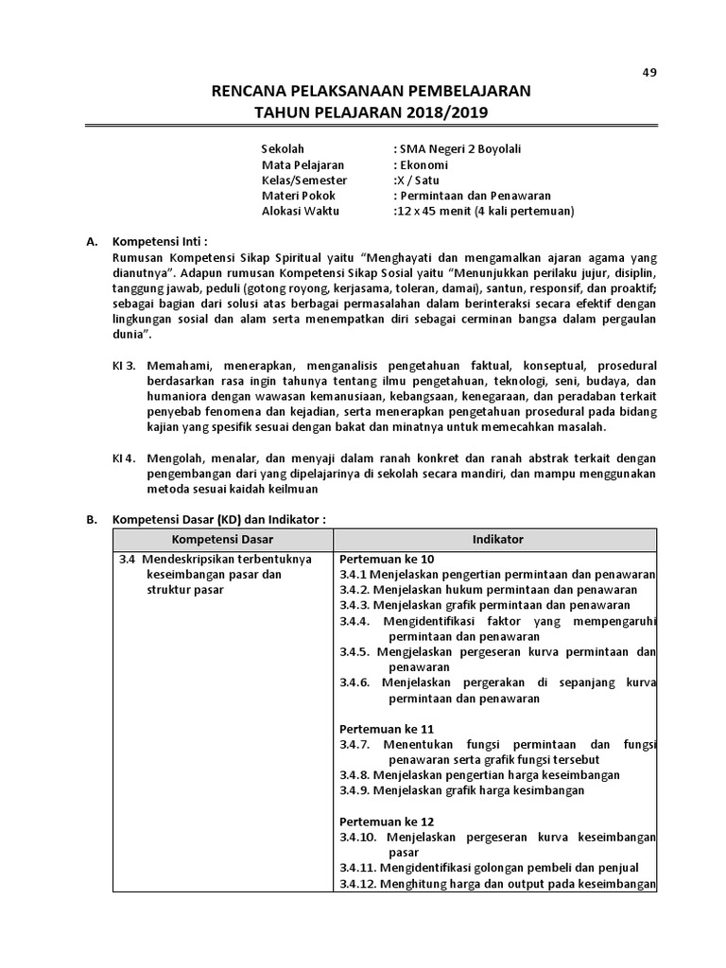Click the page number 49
click(648, 72)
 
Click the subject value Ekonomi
click(428, 164)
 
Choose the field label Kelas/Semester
click(303, 180)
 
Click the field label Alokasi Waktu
click(300, 210)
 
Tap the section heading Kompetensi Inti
click(159, 241)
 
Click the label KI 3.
click(125, 364)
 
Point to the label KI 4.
click(125, 458)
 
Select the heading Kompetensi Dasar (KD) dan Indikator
click(218, 520)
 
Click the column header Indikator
click(497, 539)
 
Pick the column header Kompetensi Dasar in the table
click(222, 539)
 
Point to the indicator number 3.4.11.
click(359, 868)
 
